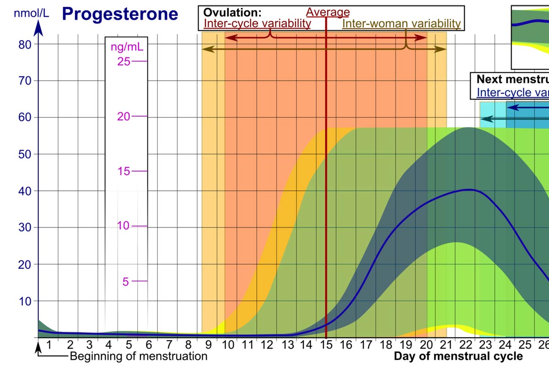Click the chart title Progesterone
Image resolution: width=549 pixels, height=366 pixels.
[120, 14]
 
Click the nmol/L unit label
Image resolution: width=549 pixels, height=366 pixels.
[31, 13]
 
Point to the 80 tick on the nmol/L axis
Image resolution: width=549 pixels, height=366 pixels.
[25, 44]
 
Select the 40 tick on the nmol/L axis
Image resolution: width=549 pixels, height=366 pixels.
[25, 191]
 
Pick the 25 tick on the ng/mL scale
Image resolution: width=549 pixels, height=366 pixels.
[124, 61]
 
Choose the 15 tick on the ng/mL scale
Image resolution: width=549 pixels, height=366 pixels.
[124, 171]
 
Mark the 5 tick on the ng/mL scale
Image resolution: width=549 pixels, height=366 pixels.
[126, 281]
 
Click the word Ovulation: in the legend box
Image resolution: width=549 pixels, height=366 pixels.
[226, 13]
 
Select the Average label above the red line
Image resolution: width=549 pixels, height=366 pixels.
[328, 12]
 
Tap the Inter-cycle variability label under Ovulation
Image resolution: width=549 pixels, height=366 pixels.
[257, 23]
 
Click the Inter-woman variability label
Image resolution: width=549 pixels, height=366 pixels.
[401, 23]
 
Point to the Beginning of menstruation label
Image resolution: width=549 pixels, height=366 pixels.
[139, 356]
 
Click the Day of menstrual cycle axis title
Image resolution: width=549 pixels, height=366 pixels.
[458, 356]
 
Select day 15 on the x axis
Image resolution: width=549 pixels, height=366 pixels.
[326, 344]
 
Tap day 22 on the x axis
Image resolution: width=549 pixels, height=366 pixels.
[468, 344]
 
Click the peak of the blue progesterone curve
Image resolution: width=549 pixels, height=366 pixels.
[468, 189]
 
